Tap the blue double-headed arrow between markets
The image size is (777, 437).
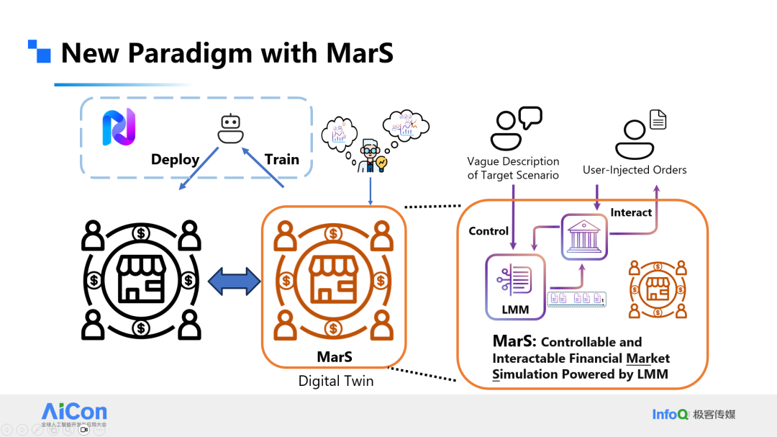point(235,281)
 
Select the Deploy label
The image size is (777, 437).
point(175,159)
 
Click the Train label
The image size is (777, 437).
point(281,159)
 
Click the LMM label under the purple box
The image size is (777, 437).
point(514,310)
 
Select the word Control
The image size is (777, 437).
point(489,231)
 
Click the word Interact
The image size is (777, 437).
point(631,212)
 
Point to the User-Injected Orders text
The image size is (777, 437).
point(634,170)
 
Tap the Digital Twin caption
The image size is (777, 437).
point(336,381)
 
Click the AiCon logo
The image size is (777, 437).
point(74,414)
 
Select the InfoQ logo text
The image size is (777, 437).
point(670,414)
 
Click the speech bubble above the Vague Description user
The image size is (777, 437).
point(530,117)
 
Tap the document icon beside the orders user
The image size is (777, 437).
point(658,120)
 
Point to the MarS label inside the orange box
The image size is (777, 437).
point(335,357)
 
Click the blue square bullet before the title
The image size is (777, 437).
point(40,51)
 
